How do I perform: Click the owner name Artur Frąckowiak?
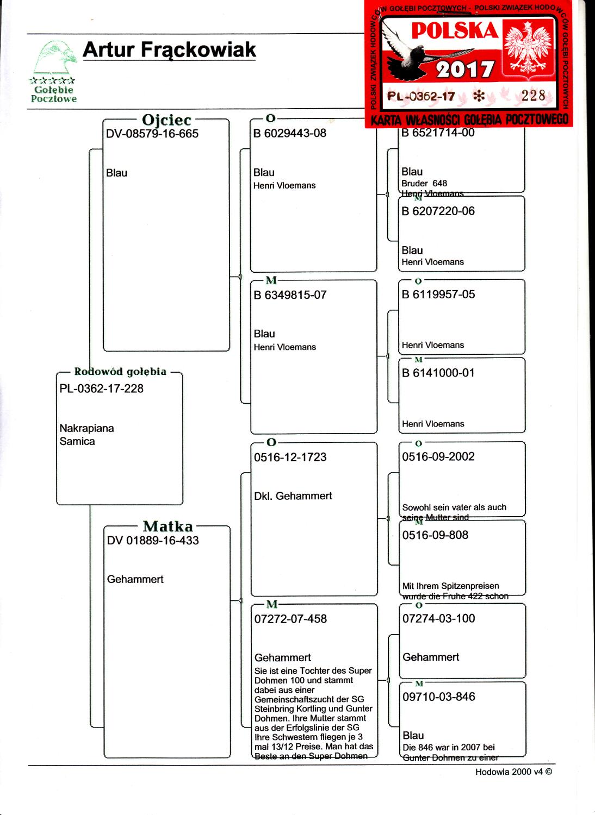169,49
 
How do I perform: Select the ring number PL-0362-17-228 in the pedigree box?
101,388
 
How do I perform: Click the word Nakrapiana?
86,428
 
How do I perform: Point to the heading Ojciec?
166,120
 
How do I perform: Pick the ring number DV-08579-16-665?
152,134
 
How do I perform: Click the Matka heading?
168,526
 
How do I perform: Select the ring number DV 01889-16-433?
153,541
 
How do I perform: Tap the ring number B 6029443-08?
290,133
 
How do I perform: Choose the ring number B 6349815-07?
290,295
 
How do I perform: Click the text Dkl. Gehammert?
293,496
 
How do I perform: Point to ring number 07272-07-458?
290,619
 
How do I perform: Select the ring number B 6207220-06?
438,211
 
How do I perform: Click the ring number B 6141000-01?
438,373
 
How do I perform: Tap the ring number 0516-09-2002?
438,456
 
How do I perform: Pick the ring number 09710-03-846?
438,697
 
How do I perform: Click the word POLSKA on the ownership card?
455,32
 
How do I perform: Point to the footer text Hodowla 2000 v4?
510,772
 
